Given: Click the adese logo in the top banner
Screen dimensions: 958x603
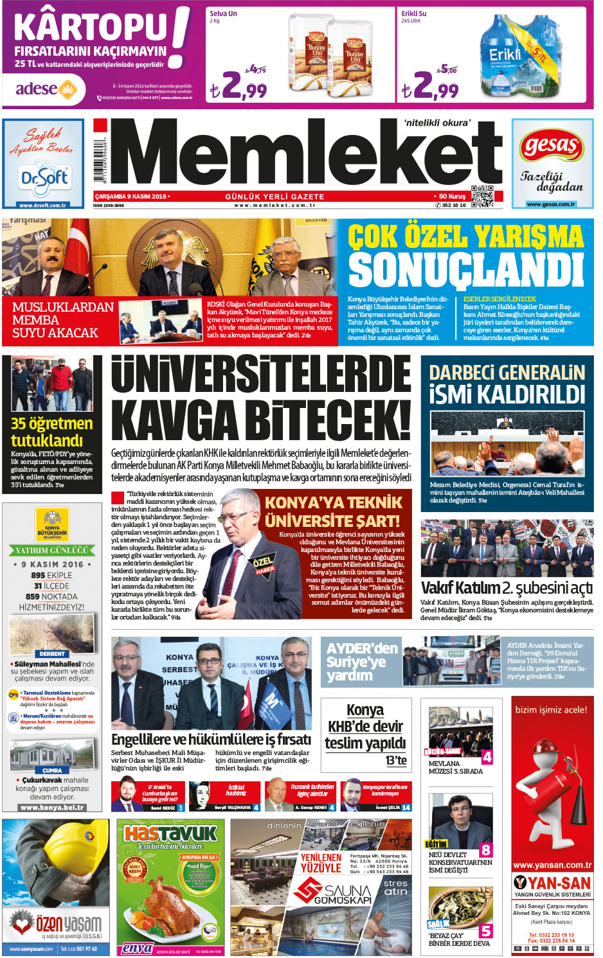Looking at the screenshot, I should point(46,89).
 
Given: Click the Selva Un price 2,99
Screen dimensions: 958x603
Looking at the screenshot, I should point(238,85).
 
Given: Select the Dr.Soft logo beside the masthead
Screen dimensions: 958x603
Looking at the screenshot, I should point(44,175).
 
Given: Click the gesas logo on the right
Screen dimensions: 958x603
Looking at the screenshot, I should point(551,147).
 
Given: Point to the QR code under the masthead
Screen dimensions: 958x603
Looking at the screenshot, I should point(482,197).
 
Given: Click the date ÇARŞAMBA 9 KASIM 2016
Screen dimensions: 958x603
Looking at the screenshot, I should point(131,197).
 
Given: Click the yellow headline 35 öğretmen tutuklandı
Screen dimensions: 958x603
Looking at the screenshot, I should point(51,432).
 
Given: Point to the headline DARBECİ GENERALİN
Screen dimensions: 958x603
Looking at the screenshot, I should point(507,373).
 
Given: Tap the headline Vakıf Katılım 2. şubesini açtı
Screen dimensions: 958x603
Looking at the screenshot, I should point(507,588).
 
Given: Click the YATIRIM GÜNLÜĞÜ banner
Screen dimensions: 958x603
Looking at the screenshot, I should point(52,551).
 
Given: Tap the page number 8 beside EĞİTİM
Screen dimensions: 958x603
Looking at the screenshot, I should point(486,850).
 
